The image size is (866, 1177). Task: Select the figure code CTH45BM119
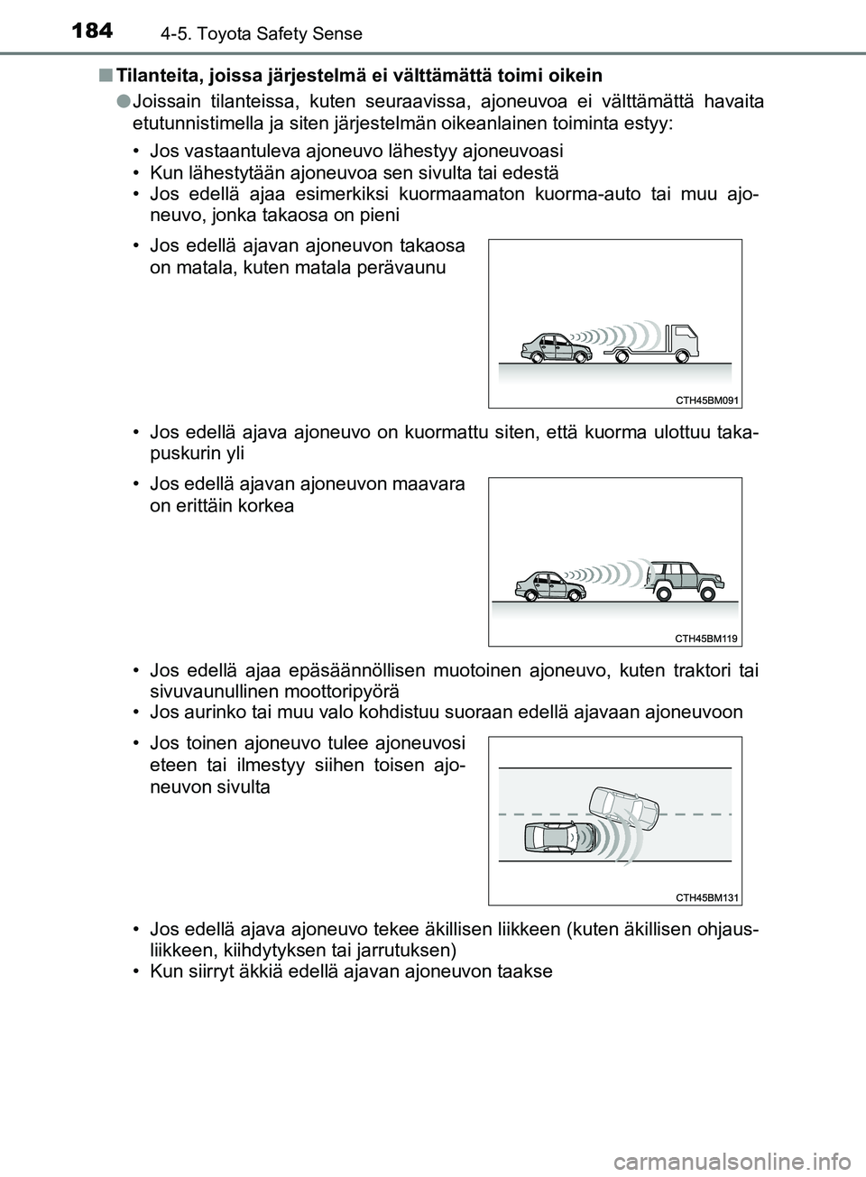pyautogui.click(x=706, y=638)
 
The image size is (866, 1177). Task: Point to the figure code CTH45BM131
pyautogui.click(x=706, y=897)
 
